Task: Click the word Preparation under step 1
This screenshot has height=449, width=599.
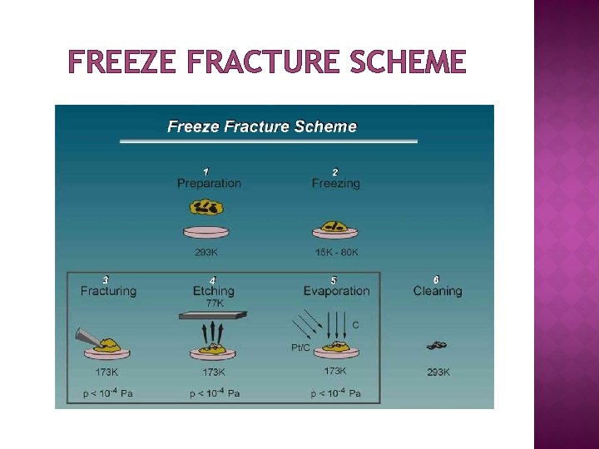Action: (x=209, y=183)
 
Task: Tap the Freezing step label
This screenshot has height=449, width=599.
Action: (x=335, y=183)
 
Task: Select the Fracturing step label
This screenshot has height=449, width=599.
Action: (x=108, y=291)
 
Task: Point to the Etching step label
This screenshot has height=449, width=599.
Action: (x=213, y=291)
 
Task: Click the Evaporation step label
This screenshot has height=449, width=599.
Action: (x=336, y=291)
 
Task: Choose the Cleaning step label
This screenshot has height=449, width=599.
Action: (x=438, y=291)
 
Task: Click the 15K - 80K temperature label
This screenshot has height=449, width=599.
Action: (x=335, y=252)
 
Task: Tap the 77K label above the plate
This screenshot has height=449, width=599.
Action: (x=214, y=303)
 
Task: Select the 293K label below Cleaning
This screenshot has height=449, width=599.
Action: (x=438, y=373)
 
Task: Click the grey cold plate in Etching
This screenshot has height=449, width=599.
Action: (x=213, y=314)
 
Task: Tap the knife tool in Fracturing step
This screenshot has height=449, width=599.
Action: (x=92, y=336)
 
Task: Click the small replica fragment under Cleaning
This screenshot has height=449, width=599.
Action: (x=437, y=345)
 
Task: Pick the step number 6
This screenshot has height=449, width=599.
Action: (x=436, y=279)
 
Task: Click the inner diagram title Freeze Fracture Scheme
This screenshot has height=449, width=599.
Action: (x=262, y=126)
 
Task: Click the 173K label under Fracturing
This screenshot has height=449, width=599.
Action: (x=107, y=372)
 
